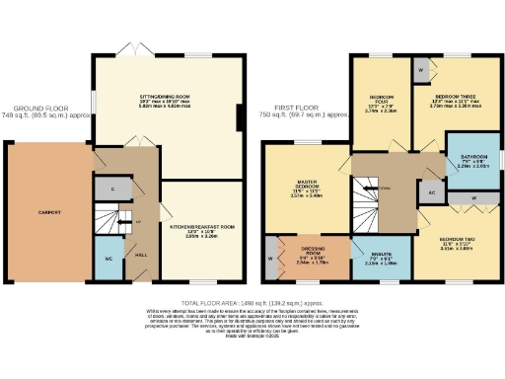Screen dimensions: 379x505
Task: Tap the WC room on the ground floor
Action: (108, 260)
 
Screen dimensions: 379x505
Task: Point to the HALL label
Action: (142, 254)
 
